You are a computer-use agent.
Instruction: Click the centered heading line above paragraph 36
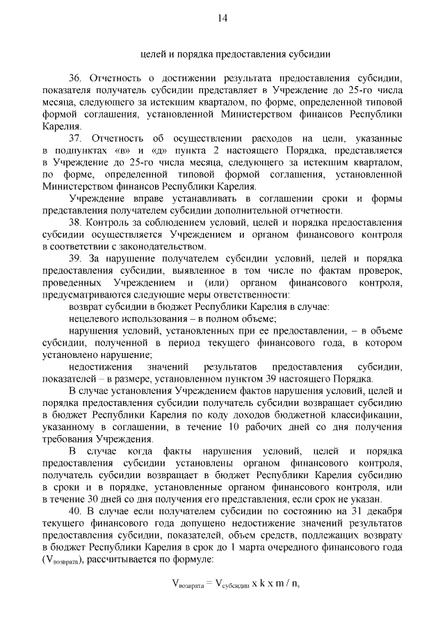[x=222, y=54]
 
